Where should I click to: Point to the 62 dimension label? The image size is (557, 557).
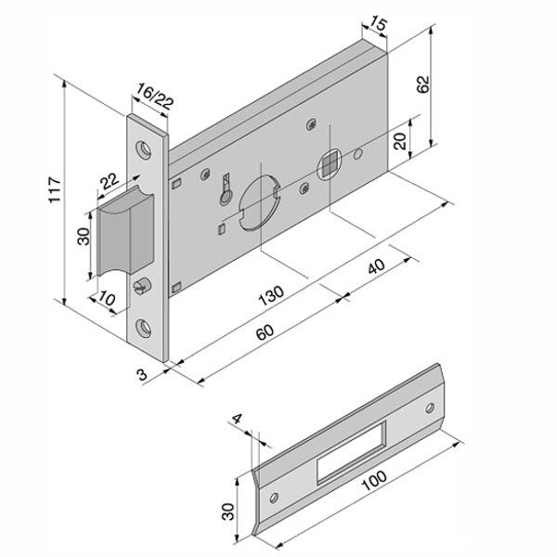point(423,84)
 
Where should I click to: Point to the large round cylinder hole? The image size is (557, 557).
point(257,200)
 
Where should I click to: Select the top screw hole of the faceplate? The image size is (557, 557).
point(144,149)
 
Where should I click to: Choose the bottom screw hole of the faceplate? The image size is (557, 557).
point(145,327)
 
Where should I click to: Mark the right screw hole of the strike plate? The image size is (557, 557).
point(431,408)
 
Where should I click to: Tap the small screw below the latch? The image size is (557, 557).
point(142,281)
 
